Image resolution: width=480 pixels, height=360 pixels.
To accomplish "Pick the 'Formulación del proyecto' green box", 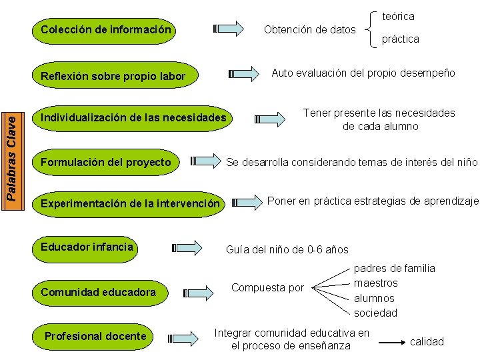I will pyautogui.click(x=106, y=162).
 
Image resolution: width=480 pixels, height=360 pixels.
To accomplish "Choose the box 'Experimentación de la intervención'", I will pyautogui.click(x=130, y=203).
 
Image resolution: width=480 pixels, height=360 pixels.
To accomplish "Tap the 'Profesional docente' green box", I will pyautogui.click(x=95, y=336).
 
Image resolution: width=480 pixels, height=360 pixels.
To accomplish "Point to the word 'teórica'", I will pyautogui.click(x=398, y=15).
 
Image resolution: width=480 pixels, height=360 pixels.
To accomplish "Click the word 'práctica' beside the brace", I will pyautogui.click(x=400, y=39).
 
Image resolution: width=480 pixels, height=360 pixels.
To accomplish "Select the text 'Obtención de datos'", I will pyautogui.click(x=309, y=29).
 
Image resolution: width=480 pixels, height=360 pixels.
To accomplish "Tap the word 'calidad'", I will pyautogui.click(x=427, y=341).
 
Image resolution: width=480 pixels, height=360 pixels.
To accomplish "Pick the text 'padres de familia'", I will pyautogui.click(x=394, y=268).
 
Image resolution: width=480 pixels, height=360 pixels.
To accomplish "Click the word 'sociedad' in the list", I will pyautogui.click(x=375, y=313).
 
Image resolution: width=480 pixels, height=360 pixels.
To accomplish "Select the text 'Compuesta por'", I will pyautogui.click(x=267, y=288).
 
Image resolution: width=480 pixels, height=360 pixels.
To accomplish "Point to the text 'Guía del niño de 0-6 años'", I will pyautogui.click(x=287, y=250).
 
